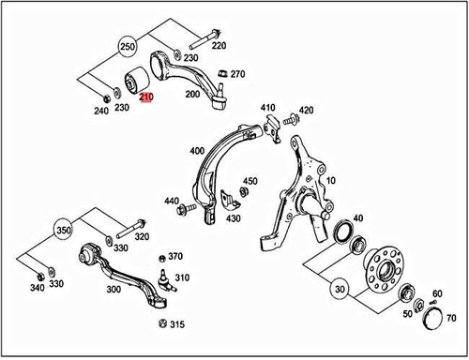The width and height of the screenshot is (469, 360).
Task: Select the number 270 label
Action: pos(237,73)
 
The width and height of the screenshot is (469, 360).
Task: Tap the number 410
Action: pos(268,107)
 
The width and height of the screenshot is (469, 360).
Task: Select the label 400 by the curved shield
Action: pos(196,150)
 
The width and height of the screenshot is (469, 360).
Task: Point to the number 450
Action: pos(250,180)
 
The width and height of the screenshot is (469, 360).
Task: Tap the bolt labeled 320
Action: pos(129,225)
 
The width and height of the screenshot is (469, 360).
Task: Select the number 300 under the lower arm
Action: pos(113,291)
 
